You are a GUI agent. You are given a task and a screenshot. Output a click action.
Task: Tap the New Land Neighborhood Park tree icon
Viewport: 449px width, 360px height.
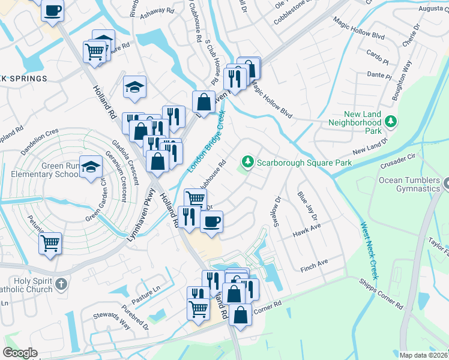coord(391,122)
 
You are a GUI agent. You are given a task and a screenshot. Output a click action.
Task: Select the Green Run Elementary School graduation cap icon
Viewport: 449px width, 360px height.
coord(91,167)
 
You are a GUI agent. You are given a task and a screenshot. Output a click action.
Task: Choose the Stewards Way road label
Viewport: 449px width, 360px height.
coord(111,321)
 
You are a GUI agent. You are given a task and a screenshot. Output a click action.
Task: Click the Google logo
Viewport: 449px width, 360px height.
coord(20,353)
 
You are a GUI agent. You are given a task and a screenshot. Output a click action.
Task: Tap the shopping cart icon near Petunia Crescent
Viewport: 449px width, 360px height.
coord(50,244)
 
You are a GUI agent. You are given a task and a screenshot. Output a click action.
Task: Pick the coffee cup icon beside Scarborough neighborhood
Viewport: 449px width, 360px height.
coord(211,222)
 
